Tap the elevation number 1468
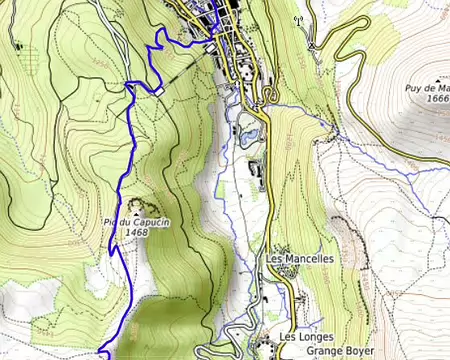coord(137,233)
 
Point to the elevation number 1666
coord(437,99)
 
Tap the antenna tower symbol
coord(296,19)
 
